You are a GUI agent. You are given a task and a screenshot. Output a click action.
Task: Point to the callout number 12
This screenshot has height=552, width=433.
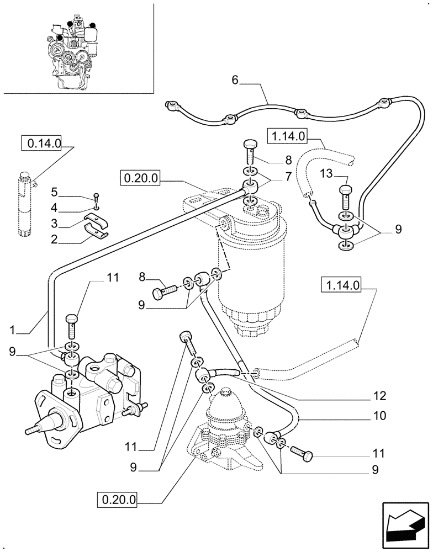coord(379,396)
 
